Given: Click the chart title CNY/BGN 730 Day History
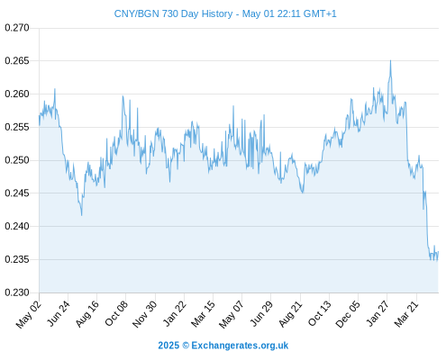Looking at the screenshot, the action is point(173,13).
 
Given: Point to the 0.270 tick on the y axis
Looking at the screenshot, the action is point(17,28).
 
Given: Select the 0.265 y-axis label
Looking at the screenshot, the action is point(17,61).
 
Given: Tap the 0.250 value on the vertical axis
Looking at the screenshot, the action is point(17,160).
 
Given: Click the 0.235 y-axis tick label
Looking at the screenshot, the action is point(17,259).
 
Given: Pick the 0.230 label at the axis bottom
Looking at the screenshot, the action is point(17,292).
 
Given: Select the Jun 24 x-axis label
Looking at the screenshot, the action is point(59,313).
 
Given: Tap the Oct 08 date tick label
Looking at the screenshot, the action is point(116,313).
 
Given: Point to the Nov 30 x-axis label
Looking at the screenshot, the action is point(144,314).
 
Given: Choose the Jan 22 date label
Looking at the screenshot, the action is point(174,313).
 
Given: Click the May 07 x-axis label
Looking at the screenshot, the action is point(231,314).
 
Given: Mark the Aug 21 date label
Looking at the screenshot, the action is point(290,314).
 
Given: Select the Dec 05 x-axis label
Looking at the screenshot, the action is point(347,314).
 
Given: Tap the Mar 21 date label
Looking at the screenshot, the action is point(406,314).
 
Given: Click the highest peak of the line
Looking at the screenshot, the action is point(390,60).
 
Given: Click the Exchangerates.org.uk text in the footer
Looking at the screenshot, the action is point(240,346).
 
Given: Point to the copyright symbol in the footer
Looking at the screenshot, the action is point(186,346).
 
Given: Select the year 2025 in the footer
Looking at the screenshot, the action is point(168,346).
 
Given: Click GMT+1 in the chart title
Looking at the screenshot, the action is point(320,13).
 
